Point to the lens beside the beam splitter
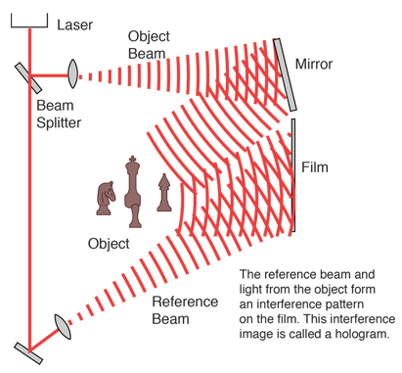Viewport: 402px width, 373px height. [73, 71]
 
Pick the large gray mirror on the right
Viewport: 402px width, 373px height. [288, 74]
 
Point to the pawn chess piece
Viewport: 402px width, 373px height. [162, 193]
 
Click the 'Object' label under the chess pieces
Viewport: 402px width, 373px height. [108, 242]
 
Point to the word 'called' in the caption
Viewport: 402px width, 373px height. [309, 334]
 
